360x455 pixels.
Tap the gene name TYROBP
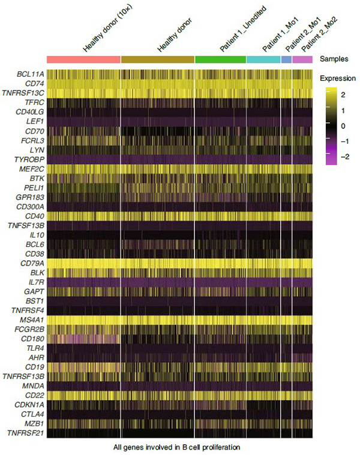coord(28,159)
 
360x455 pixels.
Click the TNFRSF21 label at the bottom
coord(23,433)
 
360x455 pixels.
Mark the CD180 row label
coord(30,338)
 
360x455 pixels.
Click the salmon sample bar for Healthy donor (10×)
coord(83,59)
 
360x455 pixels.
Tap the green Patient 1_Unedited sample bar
coord(220,59)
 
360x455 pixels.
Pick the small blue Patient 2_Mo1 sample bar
coord(286,59)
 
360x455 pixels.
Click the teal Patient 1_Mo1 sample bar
coord(263,59)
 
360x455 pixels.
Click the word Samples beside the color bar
coord(334,59)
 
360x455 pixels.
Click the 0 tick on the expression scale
coord(343,126)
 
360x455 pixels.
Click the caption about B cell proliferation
coord(179,447)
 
